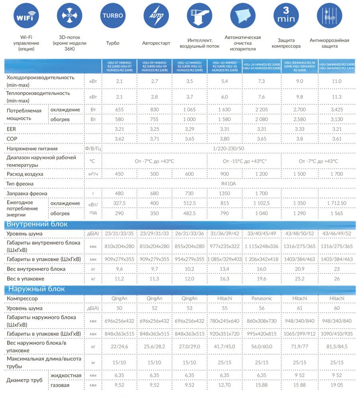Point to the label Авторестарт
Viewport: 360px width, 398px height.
pyautogui.click(x=156, y=43)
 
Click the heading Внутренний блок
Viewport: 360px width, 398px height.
pyautogui.click(x=37, y=224)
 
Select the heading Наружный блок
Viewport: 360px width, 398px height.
pyautogui.click(x=35, y=289)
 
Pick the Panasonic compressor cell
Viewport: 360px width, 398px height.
pyautogui.click(x=262, y=298)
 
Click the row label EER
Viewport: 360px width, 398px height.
pyautogui.click(x=11, y=129)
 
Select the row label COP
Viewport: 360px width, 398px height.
pyautogui.click(x=12, y=139)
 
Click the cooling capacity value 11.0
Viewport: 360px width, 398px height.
pyautogui.click(x=337, y=81)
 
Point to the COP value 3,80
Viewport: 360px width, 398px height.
pyautogui.click(x=225, y=139)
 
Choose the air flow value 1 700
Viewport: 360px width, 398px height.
pyautogui.click(x=337, y=174)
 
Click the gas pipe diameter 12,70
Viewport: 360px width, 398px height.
pyautogui.click(x=225, y=385)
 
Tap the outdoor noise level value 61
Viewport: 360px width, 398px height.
pyautogui.click(x=299, y=308)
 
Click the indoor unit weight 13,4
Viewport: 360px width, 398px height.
pyautogui.click(x=225, y=269)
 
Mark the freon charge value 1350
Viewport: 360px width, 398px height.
pyautogui.click(x=225, y=194)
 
